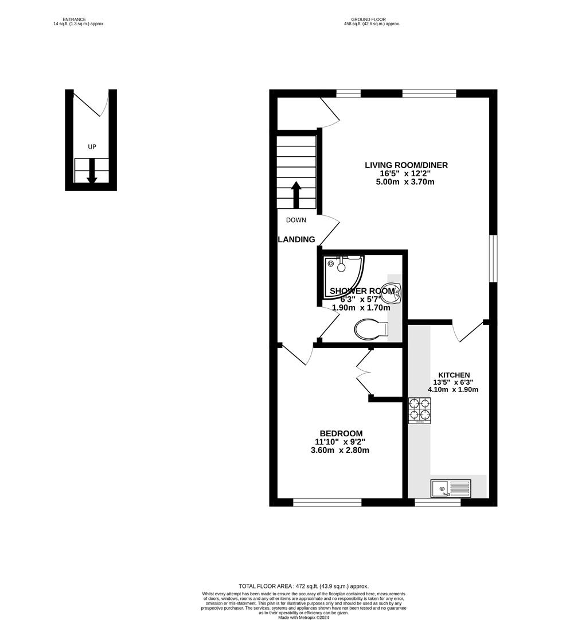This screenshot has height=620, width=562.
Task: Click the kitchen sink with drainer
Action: (451, 489)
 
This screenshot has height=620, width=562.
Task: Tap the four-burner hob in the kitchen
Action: (419, 410)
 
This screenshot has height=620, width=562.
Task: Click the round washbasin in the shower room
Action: (397, 293)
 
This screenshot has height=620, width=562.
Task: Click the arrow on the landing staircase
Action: (296, 195)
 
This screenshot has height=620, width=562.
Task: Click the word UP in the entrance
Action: (92, 147)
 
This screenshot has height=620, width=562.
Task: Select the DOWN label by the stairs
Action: (296, 220)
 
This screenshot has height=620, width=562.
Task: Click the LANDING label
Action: (296, 239)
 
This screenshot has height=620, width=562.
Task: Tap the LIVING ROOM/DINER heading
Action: (406, 165)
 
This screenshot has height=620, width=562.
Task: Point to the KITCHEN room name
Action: (454, 375)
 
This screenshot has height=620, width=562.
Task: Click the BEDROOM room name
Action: (341, 433)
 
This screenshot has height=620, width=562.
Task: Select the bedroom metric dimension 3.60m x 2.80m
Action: (341, 450)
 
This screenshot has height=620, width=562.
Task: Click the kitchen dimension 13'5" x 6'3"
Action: (454, 382)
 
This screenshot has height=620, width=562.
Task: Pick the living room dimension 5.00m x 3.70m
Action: (406, 182)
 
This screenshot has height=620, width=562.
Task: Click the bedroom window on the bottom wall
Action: (327, 502)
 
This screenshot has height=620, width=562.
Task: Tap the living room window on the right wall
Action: (493, 258)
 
